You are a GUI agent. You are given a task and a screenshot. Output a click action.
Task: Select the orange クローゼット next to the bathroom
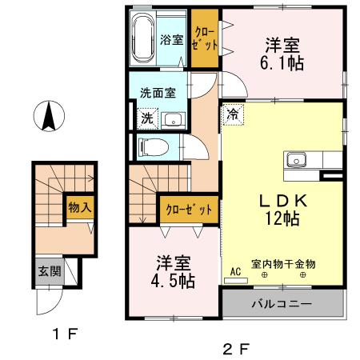(205, 38)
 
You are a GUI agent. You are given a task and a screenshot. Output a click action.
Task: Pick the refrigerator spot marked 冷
(232, 114)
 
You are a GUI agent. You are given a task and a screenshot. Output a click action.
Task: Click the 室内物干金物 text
(283, 262)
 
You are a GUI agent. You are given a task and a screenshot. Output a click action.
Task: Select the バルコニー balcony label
(283, 304)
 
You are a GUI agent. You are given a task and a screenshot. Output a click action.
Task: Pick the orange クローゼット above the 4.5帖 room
(189, 210)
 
